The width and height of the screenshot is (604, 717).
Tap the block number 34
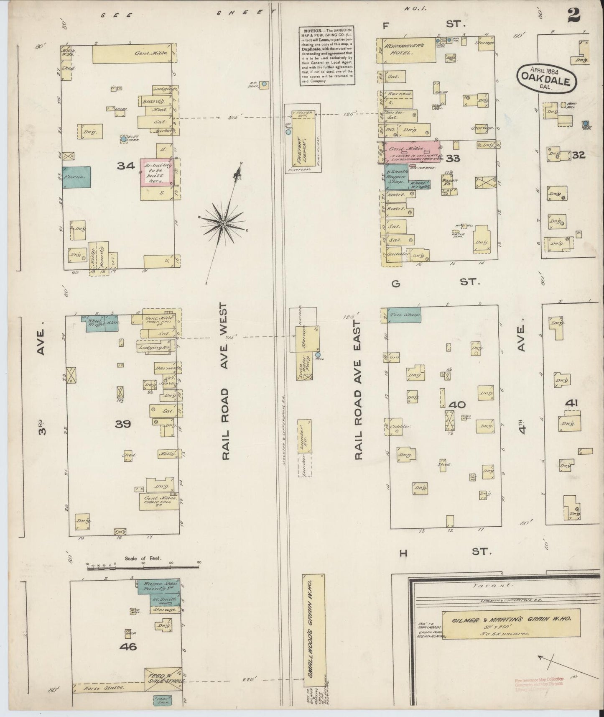125,166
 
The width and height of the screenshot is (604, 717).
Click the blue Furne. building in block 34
76,177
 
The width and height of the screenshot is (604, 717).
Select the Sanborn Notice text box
326,56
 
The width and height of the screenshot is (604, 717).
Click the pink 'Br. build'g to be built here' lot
156,172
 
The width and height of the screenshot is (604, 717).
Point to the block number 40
456,405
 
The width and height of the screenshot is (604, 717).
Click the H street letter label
403,553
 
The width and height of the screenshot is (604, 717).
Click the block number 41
571,403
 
